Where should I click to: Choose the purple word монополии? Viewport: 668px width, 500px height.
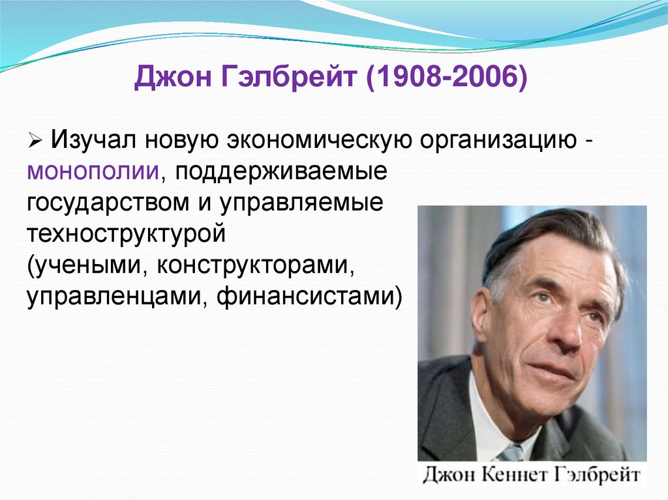pyautogui.click(x=94, y=171)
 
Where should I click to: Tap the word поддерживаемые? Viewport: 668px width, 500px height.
pyautogui.click(x=281, y=171)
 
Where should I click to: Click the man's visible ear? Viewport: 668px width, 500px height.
pyautogui.click(x=481, y=316)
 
